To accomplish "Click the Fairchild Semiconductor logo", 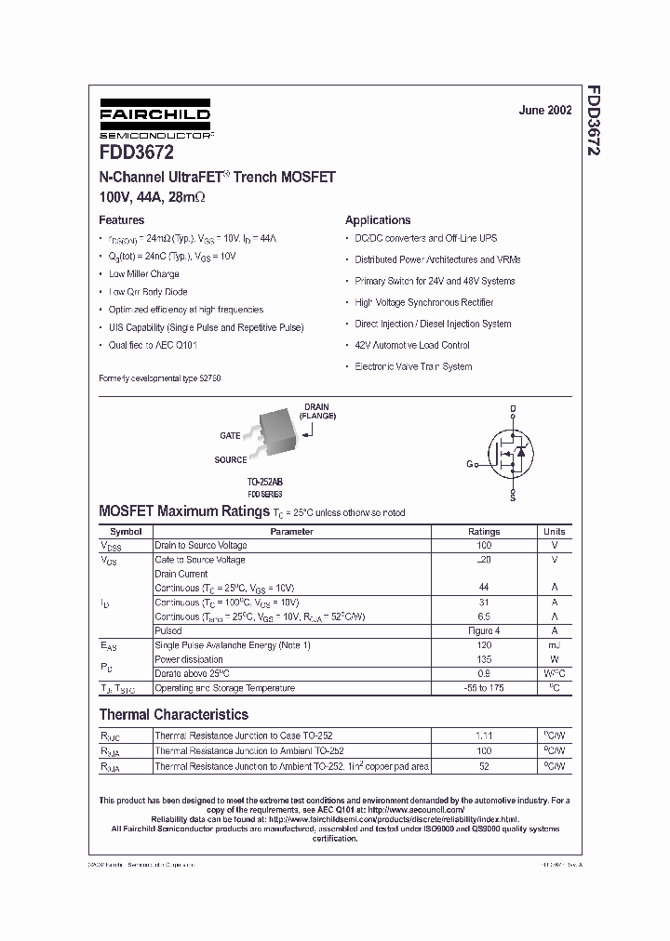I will point(155,121).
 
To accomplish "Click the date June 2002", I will point(545,111).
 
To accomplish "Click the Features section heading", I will point(122,220).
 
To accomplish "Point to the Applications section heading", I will point(378,220).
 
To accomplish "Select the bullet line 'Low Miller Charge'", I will point(143,274).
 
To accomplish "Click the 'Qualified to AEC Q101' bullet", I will point(153,345).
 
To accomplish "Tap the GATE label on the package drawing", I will point(230,435).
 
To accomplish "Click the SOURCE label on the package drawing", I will point(231,459).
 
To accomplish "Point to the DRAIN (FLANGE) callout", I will point(317,412).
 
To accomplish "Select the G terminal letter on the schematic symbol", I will point(470,464).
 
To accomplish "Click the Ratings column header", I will point(483,532).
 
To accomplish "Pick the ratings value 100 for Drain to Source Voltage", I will point(483,546).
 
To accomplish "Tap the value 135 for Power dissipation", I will point(483,659).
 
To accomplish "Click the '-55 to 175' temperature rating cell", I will point(483,688).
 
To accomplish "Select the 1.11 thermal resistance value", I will point(483,736).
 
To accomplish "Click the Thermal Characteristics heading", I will point(174,715).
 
